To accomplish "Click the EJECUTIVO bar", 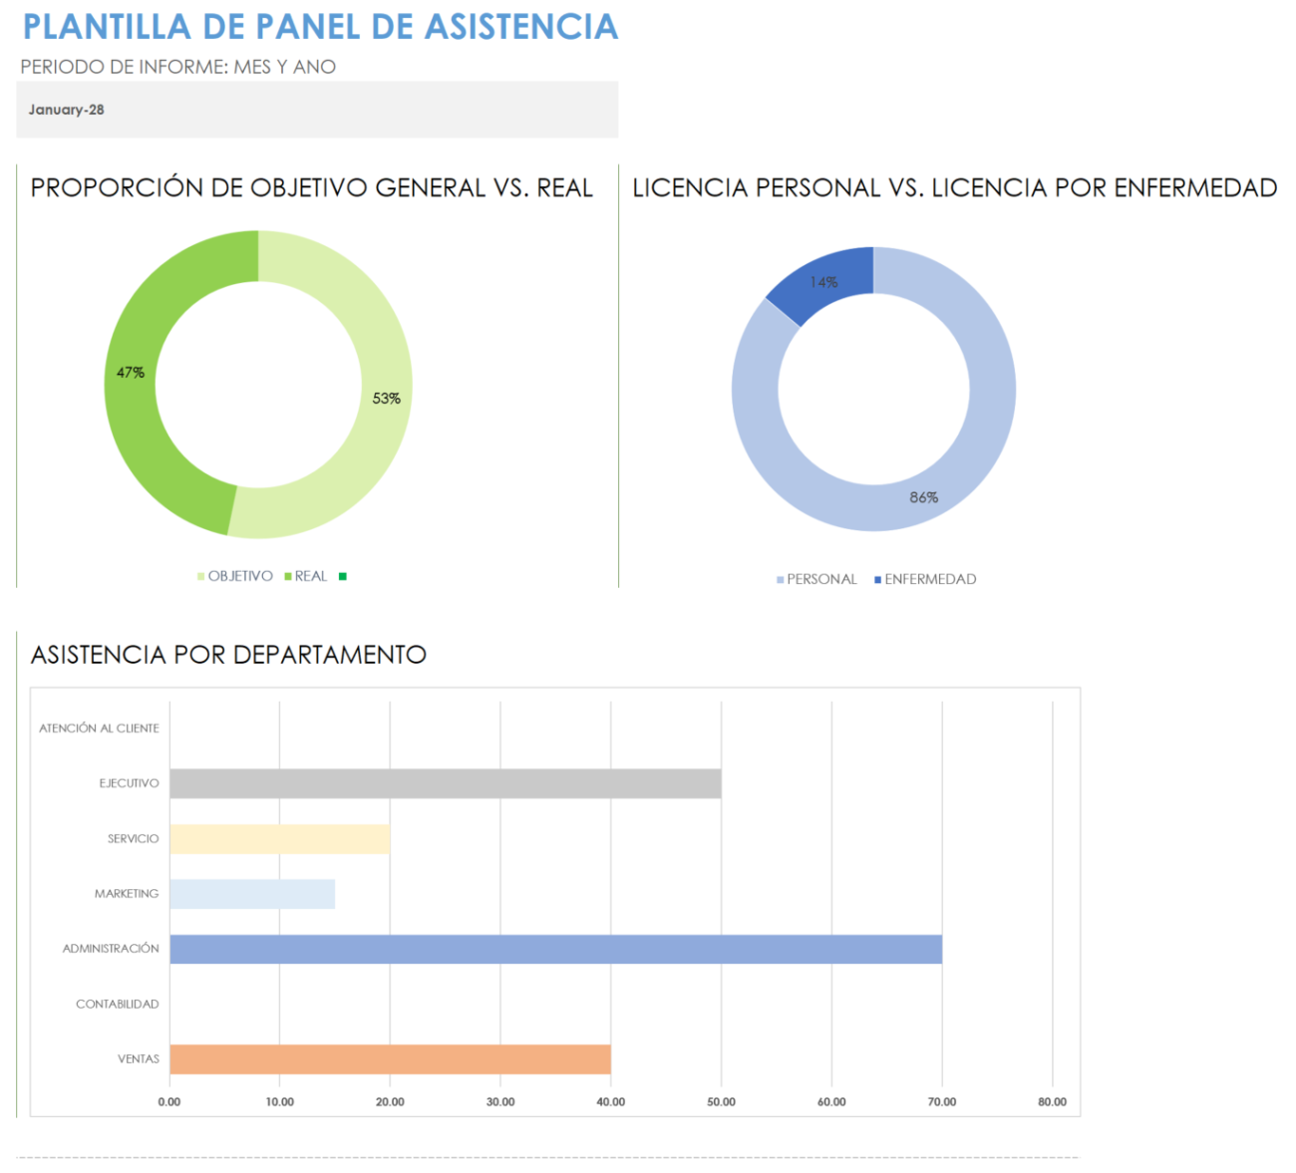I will click(445, 783).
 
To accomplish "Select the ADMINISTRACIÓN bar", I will click(555, 949).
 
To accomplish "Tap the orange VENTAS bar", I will click(390, 1059).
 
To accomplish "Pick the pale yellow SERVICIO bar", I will click(279, 839).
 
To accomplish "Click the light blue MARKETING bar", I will click(252, 894).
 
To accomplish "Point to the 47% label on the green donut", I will click(131, 373).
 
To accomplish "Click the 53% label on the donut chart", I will click(387, 399).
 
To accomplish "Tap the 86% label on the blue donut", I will click(924, 497).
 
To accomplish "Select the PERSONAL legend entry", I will click(820, 579).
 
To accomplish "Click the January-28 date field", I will click(67, 110).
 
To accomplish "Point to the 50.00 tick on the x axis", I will click(721, 1102).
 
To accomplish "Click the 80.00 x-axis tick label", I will click(1052, 1102).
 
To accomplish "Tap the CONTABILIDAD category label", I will click(118, 1005).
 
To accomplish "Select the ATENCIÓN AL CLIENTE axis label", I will click(99, 729).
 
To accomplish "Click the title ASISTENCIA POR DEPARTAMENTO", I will click(228, 655).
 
